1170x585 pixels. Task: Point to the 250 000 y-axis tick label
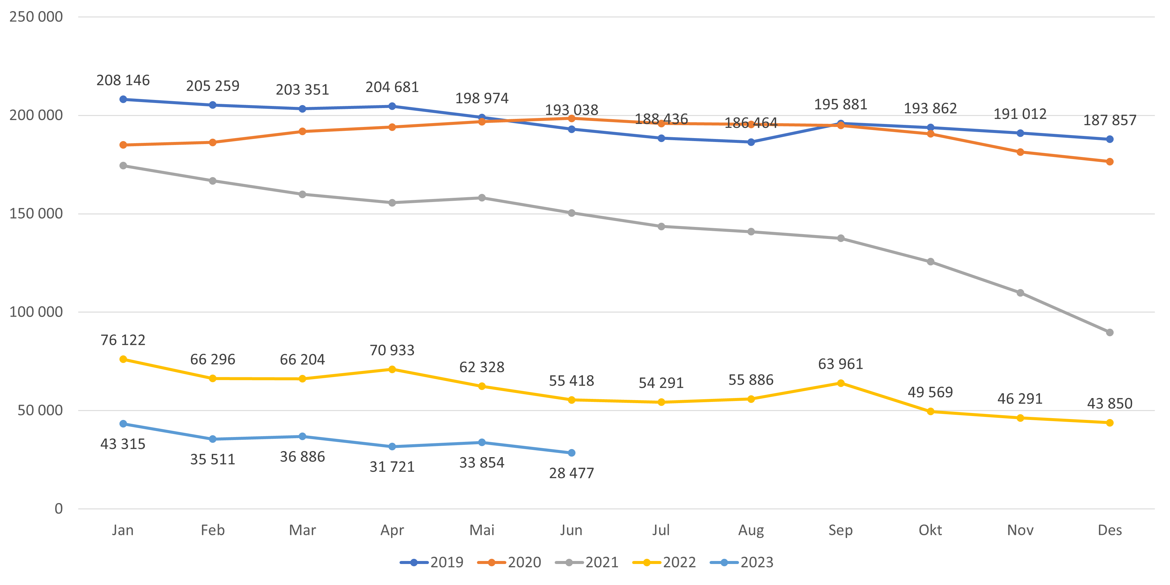tap(36, 17)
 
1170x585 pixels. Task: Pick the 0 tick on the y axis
tap(59, 509)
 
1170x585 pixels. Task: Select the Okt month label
tap(930, 530)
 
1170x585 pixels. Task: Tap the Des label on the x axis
tap(1110, 530)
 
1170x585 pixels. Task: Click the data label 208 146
tap(123, 80)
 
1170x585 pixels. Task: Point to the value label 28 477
tap(571, 473)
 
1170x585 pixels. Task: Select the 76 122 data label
tap(123, 340)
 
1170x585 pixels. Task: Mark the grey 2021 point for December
tap(1110, 333)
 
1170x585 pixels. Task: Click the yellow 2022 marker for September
tap(841, 383)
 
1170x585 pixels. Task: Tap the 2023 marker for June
tap(571, 453)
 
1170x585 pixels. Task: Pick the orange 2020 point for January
tap(123, 145)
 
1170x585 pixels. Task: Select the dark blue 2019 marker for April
tap(392, 106)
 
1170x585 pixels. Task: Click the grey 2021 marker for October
tap(930, 262)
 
